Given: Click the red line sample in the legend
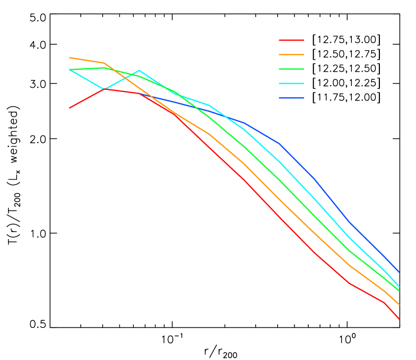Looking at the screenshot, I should pos(291,40).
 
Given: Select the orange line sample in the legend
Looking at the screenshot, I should pos(291,54).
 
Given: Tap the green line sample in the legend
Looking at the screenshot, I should pos(291,69).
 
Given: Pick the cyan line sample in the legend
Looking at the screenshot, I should pos(291,83).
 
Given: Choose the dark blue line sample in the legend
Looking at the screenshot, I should pos(291,98).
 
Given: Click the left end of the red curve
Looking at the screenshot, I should pos(69,108).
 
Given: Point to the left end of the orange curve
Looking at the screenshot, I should pos(69,58).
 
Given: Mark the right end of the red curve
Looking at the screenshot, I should pos(399,319).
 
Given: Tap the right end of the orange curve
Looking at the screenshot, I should pos(399,304).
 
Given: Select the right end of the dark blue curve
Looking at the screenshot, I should pos(399,272).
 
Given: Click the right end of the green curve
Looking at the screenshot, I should pos(399,291).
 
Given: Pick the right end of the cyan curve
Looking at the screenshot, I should pos(399,287).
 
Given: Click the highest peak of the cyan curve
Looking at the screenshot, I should pos(139,70).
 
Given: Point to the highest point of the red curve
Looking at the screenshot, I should pos(104,89).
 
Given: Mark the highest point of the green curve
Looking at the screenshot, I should pos(104,67).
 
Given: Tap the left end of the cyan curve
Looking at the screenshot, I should pos(69,70).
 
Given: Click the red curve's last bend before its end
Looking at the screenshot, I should pos(383,302).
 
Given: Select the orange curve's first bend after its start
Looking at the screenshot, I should pos(104,63).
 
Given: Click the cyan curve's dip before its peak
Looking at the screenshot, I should pos(104,89).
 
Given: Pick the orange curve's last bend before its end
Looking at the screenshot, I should pos(383,290).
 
